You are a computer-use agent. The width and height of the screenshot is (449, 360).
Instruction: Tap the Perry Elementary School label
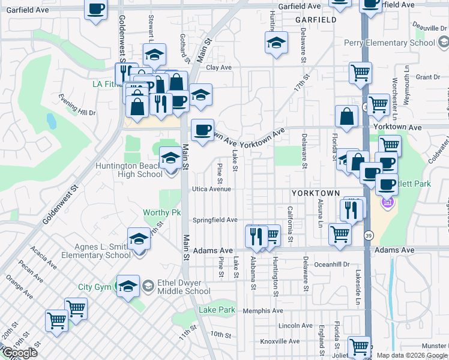point(390,43)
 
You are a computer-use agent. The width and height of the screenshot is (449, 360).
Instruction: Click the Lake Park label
point(217,310)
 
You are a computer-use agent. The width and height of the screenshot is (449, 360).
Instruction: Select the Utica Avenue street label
point(211,189)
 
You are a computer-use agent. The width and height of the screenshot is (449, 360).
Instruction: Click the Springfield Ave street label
point(215,220)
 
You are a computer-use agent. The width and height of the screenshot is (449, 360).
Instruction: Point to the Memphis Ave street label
point(262,311)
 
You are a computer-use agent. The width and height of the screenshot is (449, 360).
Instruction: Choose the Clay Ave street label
point(218,68)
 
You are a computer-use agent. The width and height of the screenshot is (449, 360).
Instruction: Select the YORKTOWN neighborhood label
point(316,194)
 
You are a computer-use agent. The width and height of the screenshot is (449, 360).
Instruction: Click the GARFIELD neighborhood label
point(316,20)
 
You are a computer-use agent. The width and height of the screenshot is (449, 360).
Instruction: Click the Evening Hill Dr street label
point(77,105)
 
